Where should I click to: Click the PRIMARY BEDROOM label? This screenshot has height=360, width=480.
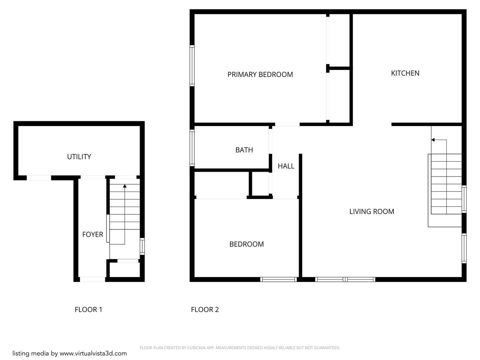(x=260, y=75)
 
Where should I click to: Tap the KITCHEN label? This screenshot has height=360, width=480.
(x=405, y=73)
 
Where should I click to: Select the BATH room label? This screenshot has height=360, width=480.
(x=244, y=150)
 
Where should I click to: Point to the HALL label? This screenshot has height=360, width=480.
(x=286, y=166)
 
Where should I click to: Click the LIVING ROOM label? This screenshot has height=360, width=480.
(x=372, y=212)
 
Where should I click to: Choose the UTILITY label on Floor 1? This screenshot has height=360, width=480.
(x=79, y=157)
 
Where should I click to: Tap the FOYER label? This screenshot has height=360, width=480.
(x=93, y=235)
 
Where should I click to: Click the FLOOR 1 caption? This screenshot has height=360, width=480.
(x=88, y=310)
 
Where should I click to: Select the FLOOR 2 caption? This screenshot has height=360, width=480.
(x=205, y=310)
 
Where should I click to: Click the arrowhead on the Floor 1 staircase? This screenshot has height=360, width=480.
(x=125, y=186)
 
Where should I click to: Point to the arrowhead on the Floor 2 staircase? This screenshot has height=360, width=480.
(x=433, y=140)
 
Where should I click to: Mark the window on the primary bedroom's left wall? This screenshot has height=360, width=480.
(x=192, y=66)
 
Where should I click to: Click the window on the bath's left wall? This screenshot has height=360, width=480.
(x=192, y=148)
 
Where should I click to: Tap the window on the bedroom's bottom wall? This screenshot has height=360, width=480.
(x=278, y=279)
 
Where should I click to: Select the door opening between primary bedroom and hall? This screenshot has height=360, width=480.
(x=287, y=124)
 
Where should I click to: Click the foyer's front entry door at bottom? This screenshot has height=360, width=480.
(x=93, y=279)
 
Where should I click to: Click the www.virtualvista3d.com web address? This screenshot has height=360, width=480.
(x=93, y=354)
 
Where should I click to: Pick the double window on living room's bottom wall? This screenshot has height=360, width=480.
(x=345, y=279)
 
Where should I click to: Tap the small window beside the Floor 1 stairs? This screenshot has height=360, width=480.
(x=142, y=247)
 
